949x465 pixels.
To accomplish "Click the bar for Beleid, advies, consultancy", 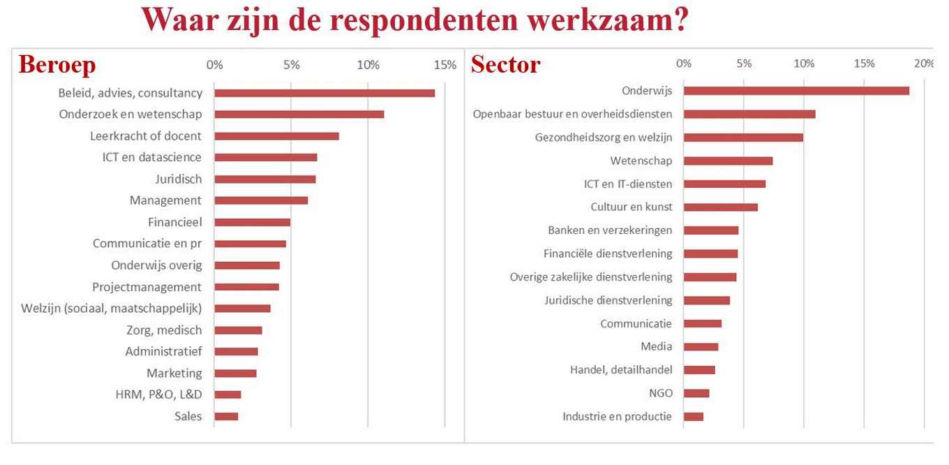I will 324,93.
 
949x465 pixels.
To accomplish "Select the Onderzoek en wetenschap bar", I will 299,115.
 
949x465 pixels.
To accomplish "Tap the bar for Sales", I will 226,416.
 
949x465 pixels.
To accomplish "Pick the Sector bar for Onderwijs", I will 796,91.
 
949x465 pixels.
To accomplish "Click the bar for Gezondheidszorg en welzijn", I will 743,138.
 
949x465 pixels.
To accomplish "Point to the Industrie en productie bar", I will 694,417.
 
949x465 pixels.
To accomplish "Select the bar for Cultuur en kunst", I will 721,207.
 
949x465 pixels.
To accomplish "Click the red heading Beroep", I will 57,64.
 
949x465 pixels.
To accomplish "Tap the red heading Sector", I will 505,64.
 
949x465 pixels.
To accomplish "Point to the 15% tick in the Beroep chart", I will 444,65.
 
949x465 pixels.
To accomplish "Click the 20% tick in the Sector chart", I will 924,64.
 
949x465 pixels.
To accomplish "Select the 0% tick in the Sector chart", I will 684,64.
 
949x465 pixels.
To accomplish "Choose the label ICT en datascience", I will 151,157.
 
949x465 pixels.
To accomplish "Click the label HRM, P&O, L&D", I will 158,394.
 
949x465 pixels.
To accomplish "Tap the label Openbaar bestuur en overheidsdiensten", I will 572,114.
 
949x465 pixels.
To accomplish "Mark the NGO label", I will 660,393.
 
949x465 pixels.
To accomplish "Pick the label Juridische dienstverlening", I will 608,300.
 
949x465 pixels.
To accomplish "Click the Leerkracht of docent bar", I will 276,136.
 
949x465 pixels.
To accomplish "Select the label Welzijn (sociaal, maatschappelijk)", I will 111,308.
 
